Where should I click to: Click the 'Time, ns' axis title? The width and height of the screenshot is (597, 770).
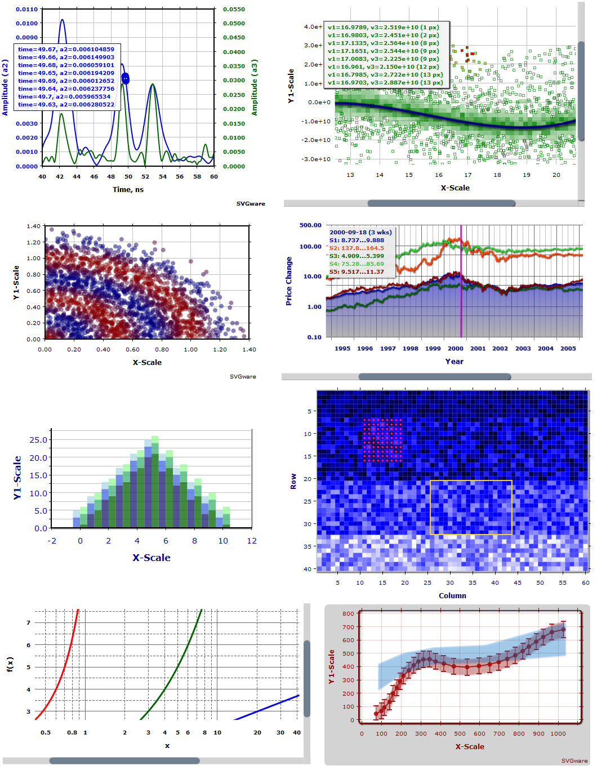[128, 190]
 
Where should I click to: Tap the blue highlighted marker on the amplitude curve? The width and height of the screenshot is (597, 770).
[126, 79]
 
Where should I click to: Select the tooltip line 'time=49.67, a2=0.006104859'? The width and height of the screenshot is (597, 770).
[66, 50]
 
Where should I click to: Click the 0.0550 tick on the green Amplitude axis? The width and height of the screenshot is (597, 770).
[234, 10]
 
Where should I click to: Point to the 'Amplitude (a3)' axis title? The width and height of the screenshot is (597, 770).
[255, 87]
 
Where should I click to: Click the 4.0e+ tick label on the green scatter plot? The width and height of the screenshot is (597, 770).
[313, 27]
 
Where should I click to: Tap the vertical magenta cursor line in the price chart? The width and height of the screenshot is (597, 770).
[461, 282]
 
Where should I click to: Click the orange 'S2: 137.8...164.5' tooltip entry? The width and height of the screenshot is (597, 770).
[357, 248]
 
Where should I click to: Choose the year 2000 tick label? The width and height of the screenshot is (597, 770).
[455, 349]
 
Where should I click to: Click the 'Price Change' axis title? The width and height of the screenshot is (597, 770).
[289, 281]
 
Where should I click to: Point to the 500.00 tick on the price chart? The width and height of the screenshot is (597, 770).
[310, 225]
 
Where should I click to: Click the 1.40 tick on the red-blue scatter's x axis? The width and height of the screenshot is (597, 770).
[249, 350]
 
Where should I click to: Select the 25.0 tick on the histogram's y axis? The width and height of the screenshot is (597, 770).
[38, 440]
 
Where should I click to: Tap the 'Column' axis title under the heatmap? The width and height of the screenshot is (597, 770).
[452, 596]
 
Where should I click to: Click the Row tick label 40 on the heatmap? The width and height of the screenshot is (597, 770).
[308, 569]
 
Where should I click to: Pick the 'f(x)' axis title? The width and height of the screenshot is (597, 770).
[10, 665]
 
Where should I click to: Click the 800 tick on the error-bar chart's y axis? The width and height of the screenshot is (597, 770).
[348, 614]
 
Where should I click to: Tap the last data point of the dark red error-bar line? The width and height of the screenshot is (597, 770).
[563, 630]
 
